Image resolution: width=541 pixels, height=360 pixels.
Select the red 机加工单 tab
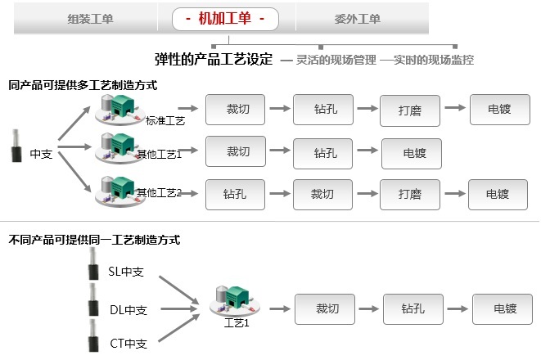pyautogui.click(x=225, y=19)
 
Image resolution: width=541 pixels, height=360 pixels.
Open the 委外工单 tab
pyautogui.click(x=358, y=19)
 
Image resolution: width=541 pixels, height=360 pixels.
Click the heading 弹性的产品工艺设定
pyautogui.click(x=214, y=60)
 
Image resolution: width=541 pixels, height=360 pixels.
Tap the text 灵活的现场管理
pyautogui.click(x=329, y=60)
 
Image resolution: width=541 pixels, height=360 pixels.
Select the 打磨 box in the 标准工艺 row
pyautogui.click(x=410, y=109)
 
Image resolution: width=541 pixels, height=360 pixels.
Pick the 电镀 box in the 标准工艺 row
pyautogui.click(x=499, y=109)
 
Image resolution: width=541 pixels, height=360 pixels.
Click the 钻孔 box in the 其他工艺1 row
pyautogui.click(x=324, y=152)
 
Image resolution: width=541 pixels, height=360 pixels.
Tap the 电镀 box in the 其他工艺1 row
pyautogui.click(x=412, y=152)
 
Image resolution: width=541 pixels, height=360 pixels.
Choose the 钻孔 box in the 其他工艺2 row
pyautogui.click(x=236, y=194)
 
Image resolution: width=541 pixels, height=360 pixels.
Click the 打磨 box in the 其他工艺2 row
pyautogui.click(x=410, y=194)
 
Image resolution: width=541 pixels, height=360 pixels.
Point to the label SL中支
pyautogui.click(x=125, y=271)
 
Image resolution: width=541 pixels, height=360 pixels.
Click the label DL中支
pyautogui.click(x=127, y=310)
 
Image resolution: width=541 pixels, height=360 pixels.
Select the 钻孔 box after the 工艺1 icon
pyautogui.click(x=413, y=308)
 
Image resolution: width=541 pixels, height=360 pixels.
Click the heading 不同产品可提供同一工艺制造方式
pyautogui.click(x=94, y=240)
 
